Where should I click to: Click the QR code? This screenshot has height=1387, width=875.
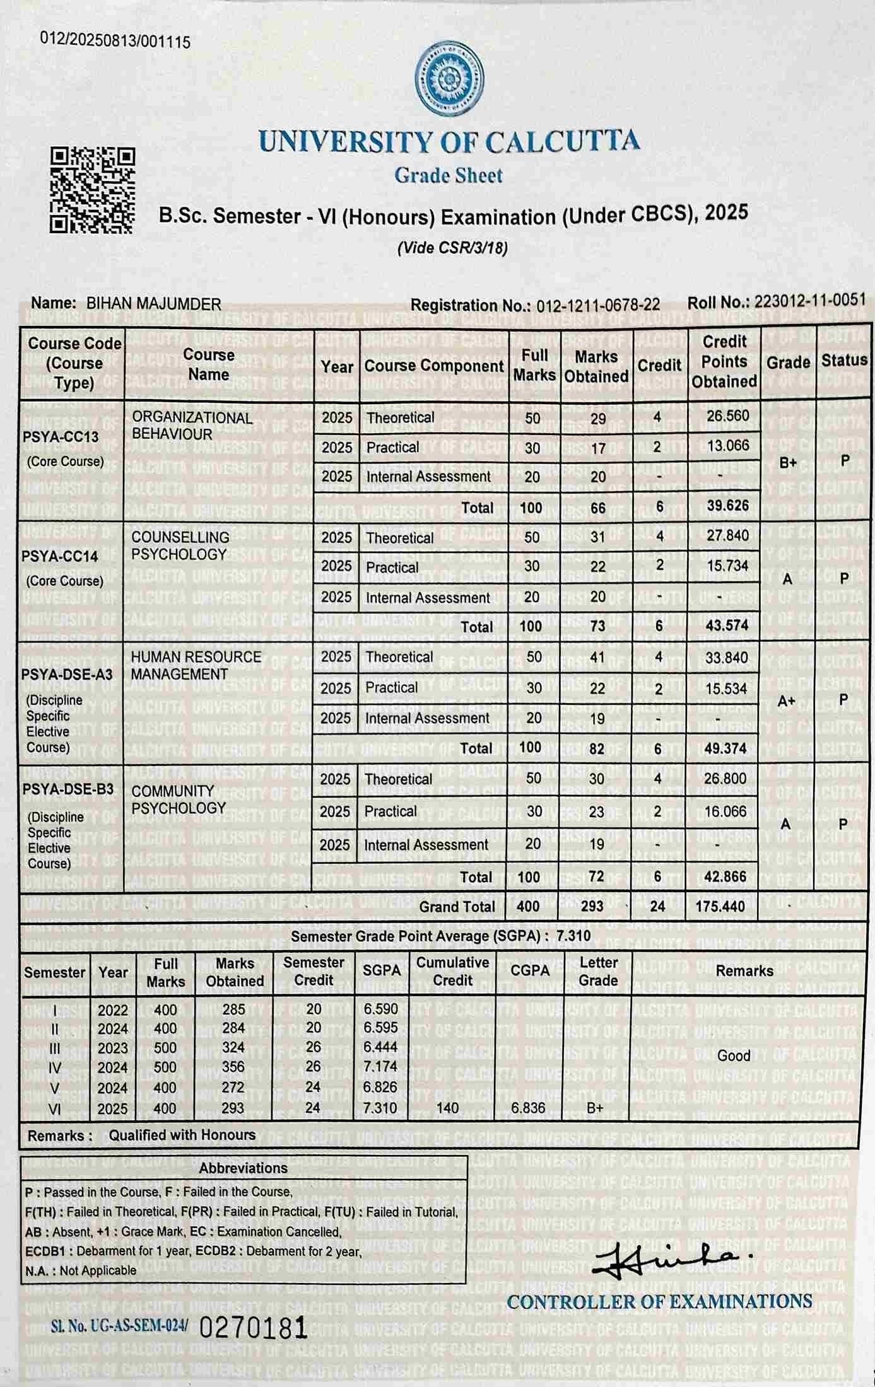(x=92, y=190)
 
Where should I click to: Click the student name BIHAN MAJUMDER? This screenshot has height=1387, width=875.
(x=153, y=304)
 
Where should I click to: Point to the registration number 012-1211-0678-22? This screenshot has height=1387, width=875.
(x=597, y=305)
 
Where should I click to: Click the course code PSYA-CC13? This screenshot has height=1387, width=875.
(x=60, y=437)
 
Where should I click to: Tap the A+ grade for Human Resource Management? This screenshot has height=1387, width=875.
(x=786, y=701)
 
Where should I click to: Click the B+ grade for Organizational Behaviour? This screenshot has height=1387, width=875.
(x=788, y=463)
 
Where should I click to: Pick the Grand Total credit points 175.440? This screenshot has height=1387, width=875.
(x=720, y=907)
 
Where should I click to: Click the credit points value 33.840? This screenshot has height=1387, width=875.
(x=726, y=658)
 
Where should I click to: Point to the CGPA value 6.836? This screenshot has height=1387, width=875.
(x=528, y=1108)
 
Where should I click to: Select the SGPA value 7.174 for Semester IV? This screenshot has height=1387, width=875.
(x=380, y=1067)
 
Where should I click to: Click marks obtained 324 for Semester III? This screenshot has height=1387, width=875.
(x=233, y=1047)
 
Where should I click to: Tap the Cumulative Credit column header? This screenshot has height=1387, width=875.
(x=452, y=972)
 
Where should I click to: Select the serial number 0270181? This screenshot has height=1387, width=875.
(x=253, y=1328)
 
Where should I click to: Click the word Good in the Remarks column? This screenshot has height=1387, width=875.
(x=734, y=1055)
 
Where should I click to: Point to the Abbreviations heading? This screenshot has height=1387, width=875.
(x=243, y=1168)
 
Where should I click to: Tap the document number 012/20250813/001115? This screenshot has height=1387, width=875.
(x=115, y=41)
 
